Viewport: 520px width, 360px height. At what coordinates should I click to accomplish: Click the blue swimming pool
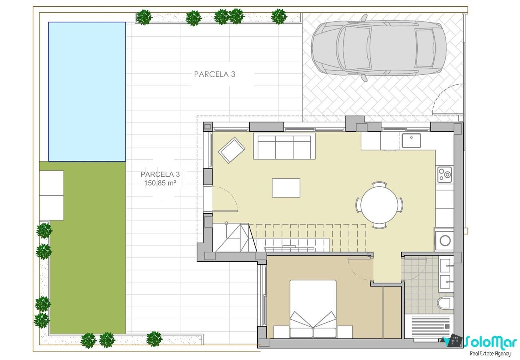[87, 92]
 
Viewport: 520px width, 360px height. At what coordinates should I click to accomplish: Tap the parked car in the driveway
[378, 48]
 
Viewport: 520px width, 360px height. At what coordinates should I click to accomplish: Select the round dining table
[379, 205]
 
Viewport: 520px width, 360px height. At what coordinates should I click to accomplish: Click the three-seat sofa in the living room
[284, 146]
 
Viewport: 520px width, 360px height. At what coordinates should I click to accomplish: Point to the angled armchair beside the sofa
[232, 150]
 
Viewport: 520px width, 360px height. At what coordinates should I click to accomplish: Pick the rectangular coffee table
[286, 188]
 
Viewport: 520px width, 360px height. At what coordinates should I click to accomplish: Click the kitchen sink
[411, 141]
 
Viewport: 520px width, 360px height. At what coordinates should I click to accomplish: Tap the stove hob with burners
[444, 174]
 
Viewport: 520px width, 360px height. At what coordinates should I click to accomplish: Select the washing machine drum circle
[445, 241]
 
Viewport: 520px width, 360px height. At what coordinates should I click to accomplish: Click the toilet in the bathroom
[445, 303]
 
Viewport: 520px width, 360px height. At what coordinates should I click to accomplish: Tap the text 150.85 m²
[160, 183]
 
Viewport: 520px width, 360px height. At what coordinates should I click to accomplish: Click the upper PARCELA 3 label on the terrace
[214, 74]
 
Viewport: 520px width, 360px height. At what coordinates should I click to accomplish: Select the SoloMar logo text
[490, 342]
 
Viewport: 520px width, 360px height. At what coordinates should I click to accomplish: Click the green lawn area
[88, 248]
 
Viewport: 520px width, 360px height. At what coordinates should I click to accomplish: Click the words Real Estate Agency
[490, 354]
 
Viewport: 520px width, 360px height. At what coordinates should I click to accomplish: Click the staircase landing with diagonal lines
[234, 238]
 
